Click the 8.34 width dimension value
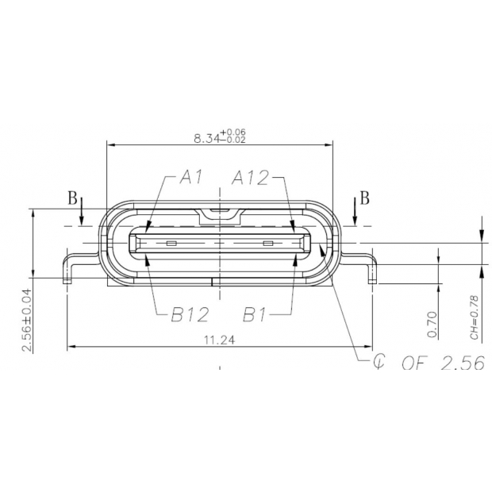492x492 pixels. [x=209, y=137]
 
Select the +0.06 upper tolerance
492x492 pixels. [x=236, y=132]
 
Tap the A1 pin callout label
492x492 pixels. [x=192, y=177]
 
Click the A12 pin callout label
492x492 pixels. [x=251, y=177]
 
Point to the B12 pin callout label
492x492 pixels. [x=190, y=315]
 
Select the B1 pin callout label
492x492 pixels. [x=254, y=315]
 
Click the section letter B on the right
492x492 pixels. [x=364, y=198]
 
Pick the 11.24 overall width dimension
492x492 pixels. [x=220, y=340]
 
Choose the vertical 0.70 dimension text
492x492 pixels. [x=432, y=325]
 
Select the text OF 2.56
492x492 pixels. [x=442, y=364]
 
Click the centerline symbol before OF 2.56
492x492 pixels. [x=381, y=363]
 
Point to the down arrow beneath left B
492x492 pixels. [x=82, y=216]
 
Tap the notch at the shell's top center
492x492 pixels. [x=220, y=213]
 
